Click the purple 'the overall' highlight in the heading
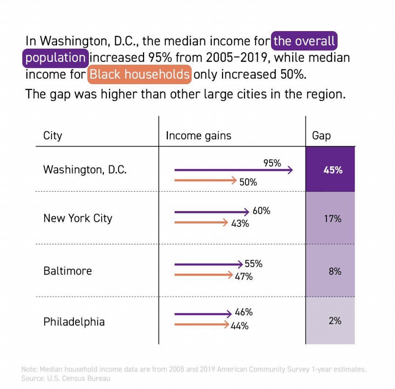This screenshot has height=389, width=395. point(304,41)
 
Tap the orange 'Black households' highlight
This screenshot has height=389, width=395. point(139,74)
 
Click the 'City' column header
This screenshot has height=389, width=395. point(53,135)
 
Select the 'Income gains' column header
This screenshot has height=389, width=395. point(199,135)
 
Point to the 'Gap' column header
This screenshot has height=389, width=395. point(321,135)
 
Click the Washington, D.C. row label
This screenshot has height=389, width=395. point(85,170)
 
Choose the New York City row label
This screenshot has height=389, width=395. point(78,218)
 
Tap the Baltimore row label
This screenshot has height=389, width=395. point(68,271)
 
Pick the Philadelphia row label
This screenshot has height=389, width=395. point(74,322)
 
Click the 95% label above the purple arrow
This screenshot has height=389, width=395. point(272,163)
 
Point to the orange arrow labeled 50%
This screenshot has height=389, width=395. point(205,180)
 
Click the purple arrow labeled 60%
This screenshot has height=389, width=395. point(212,212)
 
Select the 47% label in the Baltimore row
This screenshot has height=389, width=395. point(244,277)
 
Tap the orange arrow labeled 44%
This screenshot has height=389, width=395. point(202,325)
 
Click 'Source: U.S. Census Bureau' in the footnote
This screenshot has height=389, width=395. point(65,378)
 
